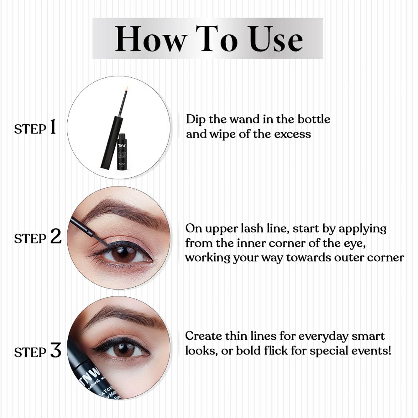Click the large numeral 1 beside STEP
pos(53,127)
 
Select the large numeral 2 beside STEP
pos(55,237)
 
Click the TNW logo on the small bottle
pos(122,145)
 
